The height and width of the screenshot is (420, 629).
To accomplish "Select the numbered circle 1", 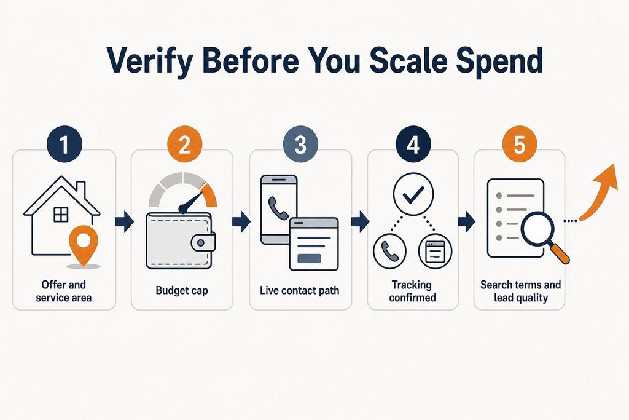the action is (64, 145).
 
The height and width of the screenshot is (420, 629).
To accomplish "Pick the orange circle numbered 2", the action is (184, 145).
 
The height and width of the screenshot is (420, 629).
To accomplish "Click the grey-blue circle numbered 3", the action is (300, 145).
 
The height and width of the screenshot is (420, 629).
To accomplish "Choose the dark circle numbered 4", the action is (413, 145).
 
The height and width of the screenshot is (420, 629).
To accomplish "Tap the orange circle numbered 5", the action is (520, 145).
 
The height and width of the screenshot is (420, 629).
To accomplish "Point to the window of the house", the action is (61, 215).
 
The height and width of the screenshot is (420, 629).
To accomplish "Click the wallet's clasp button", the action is (201, 242).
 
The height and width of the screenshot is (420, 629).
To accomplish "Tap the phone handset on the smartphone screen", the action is (276, 205).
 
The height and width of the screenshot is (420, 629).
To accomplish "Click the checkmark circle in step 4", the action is (413, 194).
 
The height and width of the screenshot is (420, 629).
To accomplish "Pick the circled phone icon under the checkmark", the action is (389, 250).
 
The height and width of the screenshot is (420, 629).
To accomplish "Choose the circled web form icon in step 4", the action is (436, 250).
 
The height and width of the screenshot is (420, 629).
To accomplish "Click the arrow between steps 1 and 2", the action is (124, 221).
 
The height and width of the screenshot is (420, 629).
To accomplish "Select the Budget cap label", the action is (182, 290).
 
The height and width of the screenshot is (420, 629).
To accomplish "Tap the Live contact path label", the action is (299, 290).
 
